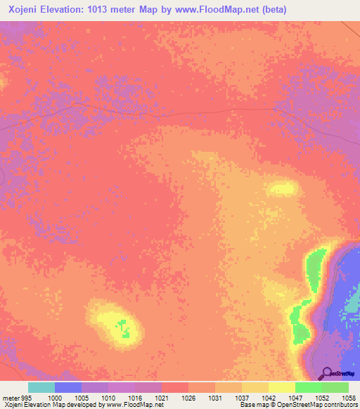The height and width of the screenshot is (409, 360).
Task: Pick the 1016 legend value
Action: tap(135, 398)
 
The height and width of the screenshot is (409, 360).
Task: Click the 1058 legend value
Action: tap(348, 398)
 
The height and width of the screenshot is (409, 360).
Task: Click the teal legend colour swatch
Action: tap(41, 388)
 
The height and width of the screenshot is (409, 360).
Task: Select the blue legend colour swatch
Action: tap(68, 388)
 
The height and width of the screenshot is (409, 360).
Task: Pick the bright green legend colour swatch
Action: tap(309, 388)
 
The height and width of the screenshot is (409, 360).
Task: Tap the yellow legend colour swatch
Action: tap(282, 388)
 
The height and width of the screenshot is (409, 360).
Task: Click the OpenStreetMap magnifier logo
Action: tap(326, 373)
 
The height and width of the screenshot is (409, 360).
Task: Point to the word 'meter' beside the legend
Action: tap(11, 398)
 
